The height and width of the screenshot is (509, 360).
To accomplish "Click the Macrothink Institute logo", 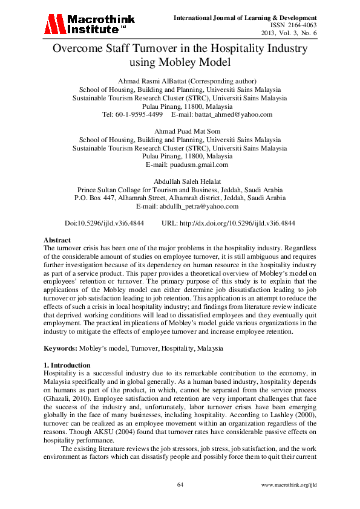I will tap(90, 24).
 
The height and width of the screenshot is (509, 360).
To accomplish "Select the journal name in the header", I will tap(245, 16).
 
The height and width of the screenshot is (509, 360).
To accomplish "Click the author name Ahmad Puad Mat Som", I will tap(180, 131).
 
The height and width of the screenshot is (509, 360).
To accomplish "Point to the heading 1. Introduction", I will tap(67, 366).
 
